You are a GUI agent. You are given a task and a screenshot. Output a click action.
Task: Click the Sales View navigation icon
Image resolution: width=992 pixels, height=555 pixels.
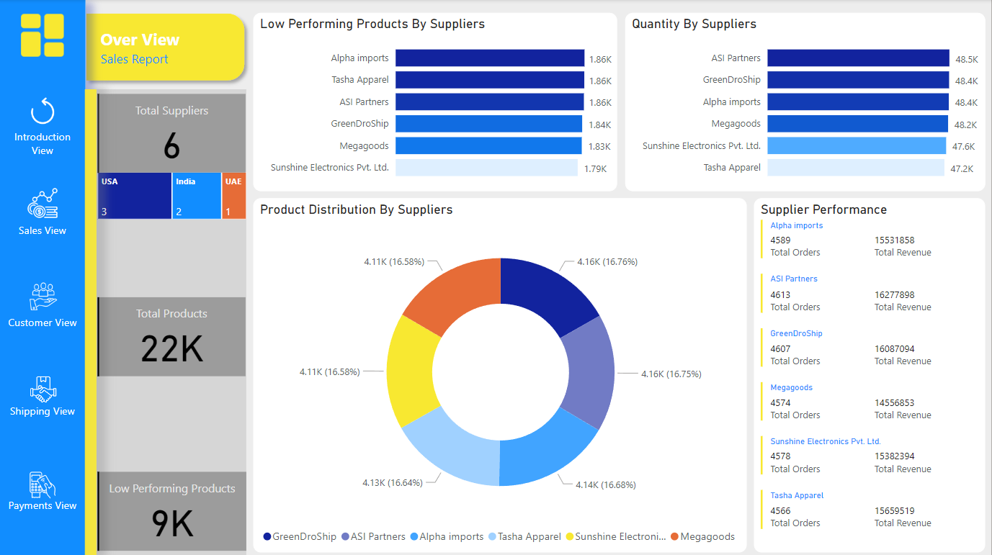tap(43, 204)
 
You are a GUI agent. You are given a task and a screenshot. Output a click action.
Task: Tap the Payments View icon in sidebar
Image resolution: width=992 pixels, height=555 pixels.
tap(43, 484)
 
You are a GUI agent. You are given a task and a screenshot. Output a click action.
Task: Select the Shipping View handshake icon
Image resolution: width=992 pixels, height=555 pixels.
tap(43, 389)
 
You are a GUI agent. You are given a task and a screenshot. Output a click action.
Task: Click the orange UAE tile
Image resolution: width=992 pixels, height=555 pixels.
tap(233, 196)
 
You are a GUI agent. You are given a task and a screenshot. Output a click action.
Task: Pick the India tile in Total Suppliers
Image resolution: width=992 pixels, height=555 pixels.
tap(196, 196)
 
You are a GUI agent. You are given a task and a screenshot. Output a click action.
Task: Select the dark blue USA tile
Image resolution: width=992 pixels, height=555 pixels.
tap(134, 196)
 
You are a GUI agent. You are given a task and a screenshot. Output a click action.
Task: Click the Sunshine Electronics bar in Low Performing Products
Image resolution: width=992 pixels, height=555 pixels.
tap(486, 168)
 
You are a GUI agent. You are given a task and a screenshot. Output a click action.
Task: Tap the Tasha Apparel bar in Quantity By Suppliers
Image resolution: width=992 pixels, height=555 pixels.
tap(855, 168)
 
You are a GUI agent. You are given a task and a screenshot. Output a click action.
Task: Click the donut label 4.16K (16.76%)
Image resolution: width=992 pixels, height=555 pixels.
tap(607, 262)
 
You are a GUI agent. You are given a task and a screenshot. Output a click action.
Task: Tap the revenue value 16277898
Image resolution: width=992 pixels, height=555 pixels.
tap(894, 294)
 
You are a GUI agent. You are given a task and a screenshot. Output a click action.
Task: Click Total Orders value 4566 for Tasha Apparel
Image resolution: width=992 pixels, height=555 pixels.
tap(780, 510)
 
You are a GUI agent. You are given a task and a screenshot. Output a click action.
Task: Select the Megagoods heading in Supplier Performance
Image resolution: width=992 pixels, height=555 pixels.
tap(791, 387)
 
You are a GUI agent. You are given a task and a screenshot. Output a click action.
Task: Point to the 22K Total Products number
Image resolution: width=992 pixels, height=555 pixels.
tap(171, 349)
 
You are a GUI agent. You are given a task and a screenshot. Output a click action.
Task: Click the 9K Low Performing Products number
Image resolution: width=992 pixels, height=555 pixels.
tap(171, 524)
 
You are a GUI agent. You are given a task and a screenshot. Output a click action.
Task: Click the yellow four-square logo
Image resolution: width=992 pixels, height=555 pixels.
tap(43, 35)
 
